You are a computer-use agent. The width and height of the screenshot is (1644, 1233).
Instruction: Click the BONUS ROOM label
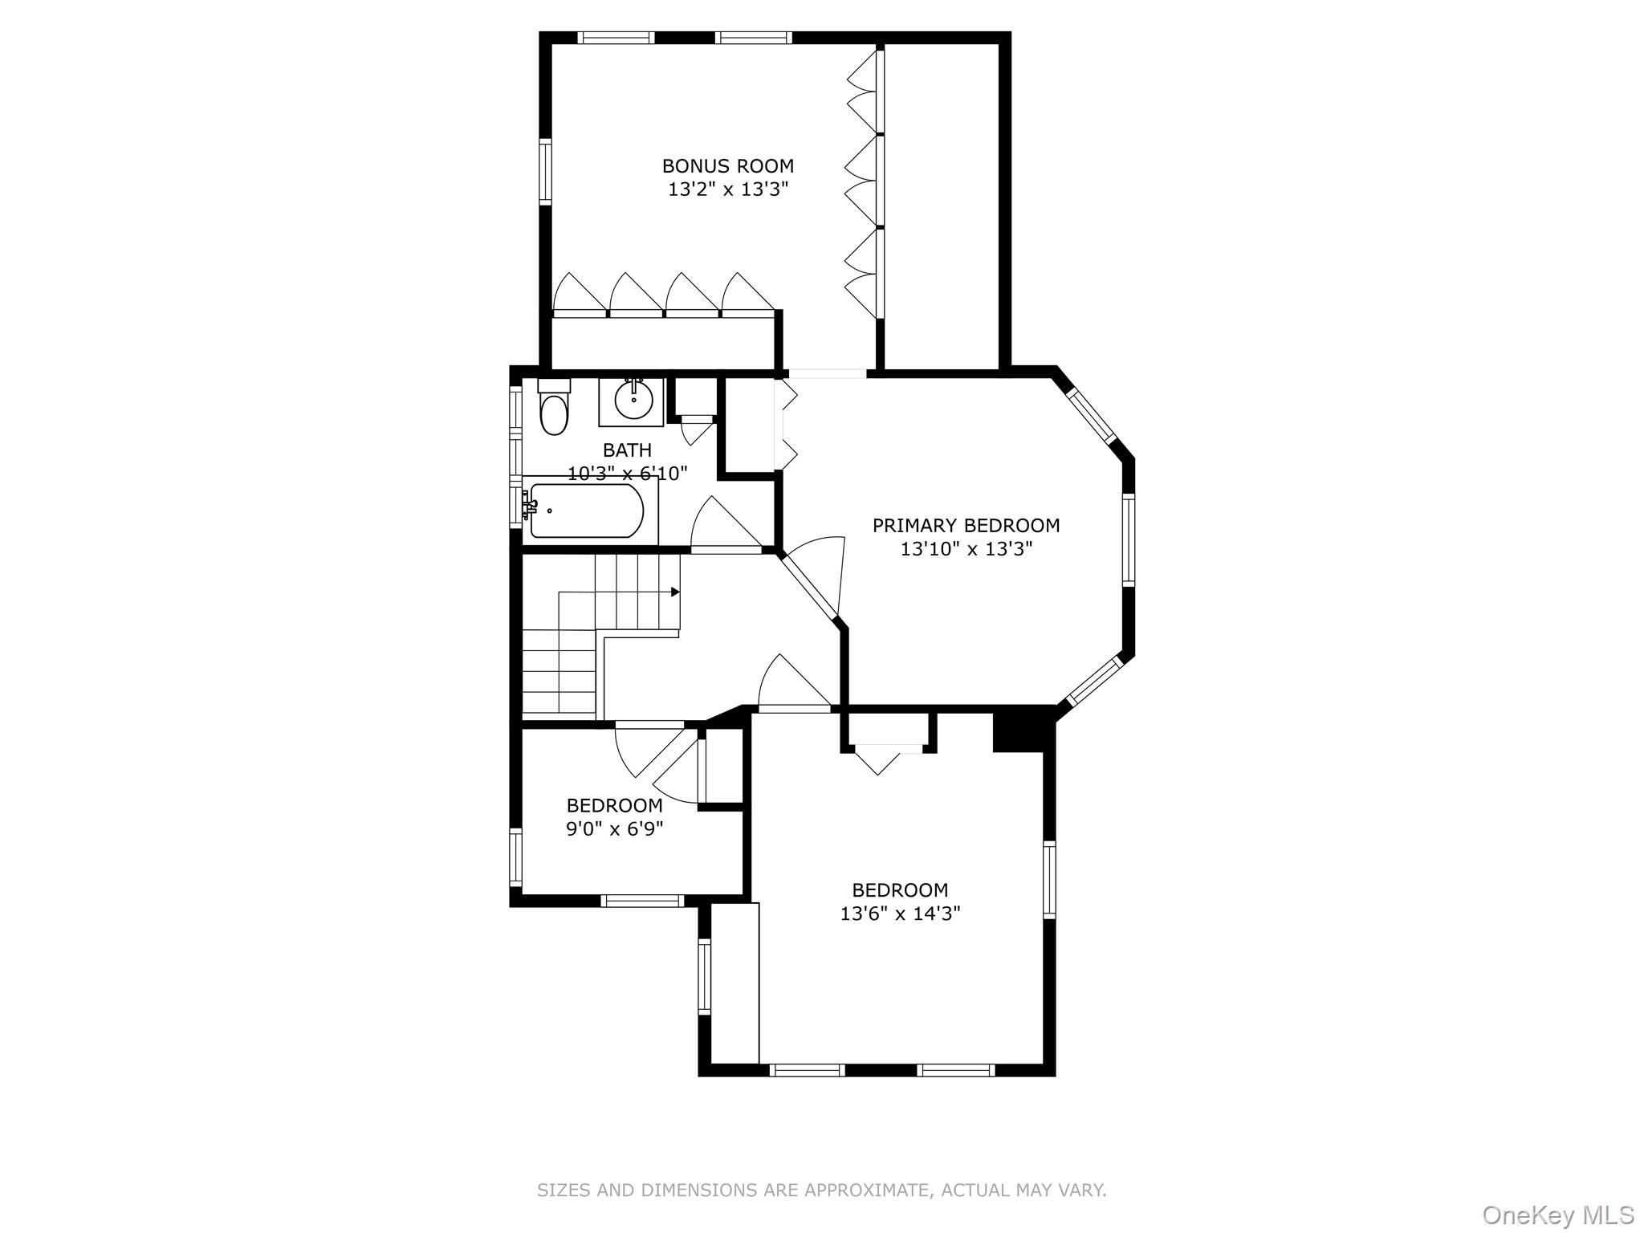tap(727, 166)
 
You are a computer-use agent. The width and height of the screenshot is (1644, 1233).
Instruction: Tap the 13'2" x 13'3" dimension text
tap(728, 189)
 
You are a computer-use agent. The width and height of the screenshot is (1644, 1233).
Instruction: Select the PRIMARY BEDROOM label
tap(966, 526)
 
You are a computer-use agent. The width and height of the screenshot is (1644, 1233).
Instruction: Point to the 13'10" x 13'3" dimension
tap(966, 549)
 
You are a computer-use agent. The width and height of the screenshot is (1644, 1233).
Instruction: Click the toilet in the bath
tap(553, 409)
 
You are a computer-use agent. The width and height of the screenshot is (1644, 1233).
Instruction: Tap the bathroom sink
tap(633, 399)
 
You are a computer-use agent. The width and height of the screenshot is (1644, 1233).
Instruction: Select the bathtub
tap(586, 511)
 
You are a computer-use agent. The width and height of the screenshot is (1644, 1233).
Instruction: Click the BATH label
tap(627, 450)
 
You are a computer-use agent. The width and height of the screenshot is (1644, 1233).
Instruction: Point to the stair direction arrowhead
tap(675, 592)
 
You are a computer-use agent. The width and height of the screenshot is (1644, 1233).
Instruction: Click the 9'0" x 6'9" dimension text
tap(614, 828)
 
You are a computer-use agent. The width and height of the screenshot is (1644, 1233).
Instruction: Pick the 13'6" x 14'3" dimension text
tap(900, 914)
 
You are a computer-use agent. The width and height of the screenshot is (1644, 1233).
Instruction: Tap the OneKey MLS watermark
tap(1557, 1215)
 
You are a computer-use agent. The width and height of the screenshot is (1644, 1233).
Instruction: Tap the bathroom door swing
tap(722, 526)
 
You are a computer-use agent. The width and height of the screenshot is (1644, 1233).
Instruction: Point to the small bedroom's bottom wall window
tap(642, 901)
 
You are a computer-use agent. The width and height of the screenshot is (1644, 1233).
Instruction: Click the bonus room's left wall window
tap(546, 171)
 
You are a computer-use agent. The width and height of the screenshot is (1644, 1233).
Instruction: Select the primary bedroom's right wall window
tap(1128, 539)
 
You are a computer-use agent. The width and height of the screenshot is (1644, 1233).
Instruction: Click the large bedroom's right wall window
tap(1049, 878)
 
